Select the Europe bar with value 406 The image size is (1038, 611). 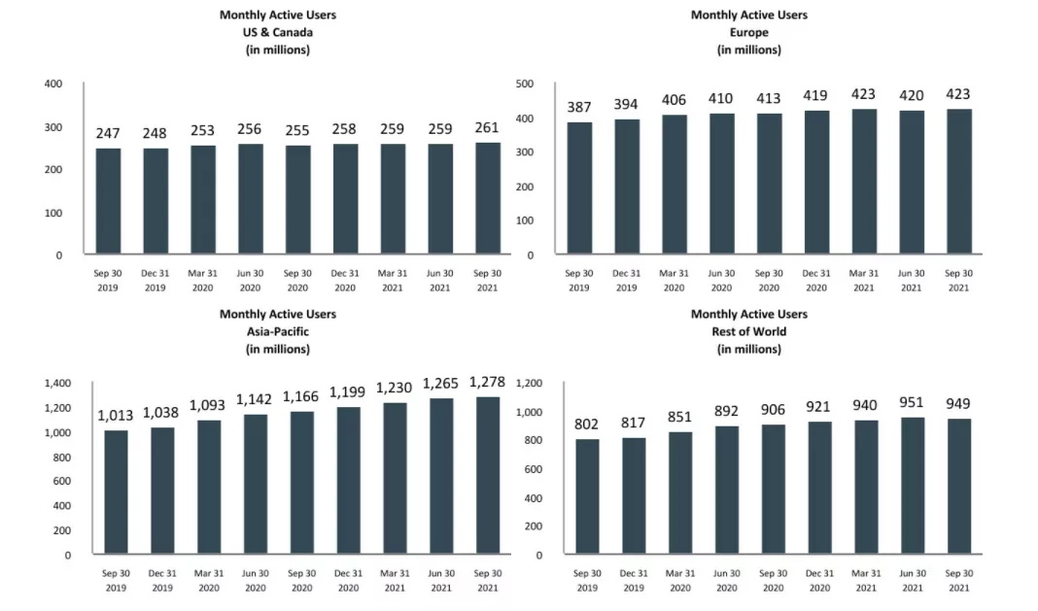673,185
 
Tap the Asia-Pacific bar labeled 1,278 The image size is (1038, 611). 486,476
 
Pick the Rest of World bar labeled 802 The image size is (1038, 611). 587,497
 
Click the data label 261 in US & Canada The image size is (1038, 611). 487,127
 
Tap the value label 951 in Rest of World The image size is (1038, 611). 911,403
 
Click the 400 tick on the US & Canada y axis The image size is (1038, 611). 52,85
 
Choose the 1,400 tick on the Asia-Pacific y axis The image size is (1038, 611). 57,384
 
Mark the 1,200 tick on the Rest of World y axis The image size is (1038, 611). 527,384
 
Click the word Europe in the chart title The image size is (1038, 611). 748,32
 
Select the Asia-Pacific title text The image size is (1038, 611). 278,331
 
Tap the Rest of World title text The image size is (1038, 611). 748,331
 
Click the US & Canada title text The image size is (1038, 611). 278,32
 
